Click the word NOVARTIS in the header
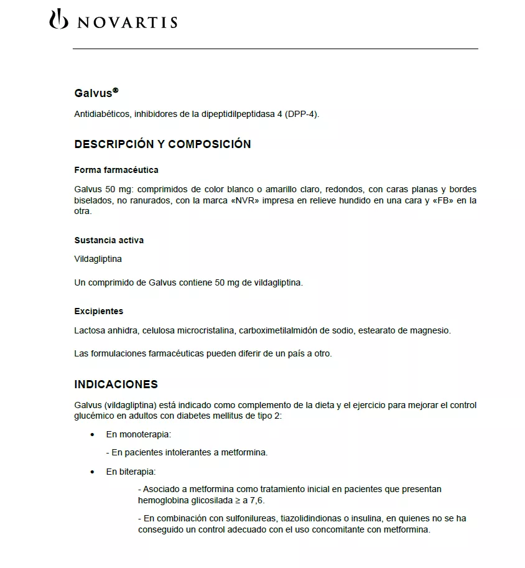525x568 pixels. [127, 22]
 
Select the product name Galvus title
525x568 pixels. [93, 93]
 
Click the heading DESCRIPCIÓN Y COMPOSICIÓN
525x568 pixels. [162, 144]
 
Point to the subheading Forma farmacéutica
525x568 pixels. [116, 170]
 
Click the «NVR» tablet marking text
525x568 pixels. [243, 200]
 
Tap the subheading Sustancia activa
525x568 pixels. [109, 240]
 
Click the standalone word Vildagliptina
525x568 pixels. [98, 259]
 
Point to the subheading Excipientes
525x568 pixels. [99, 311]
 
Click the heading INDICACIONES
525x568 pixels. [116, 384]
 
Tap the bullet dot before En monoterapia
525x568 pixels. [93, 434]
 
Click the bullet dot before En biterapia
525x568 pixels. [93, 472]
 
